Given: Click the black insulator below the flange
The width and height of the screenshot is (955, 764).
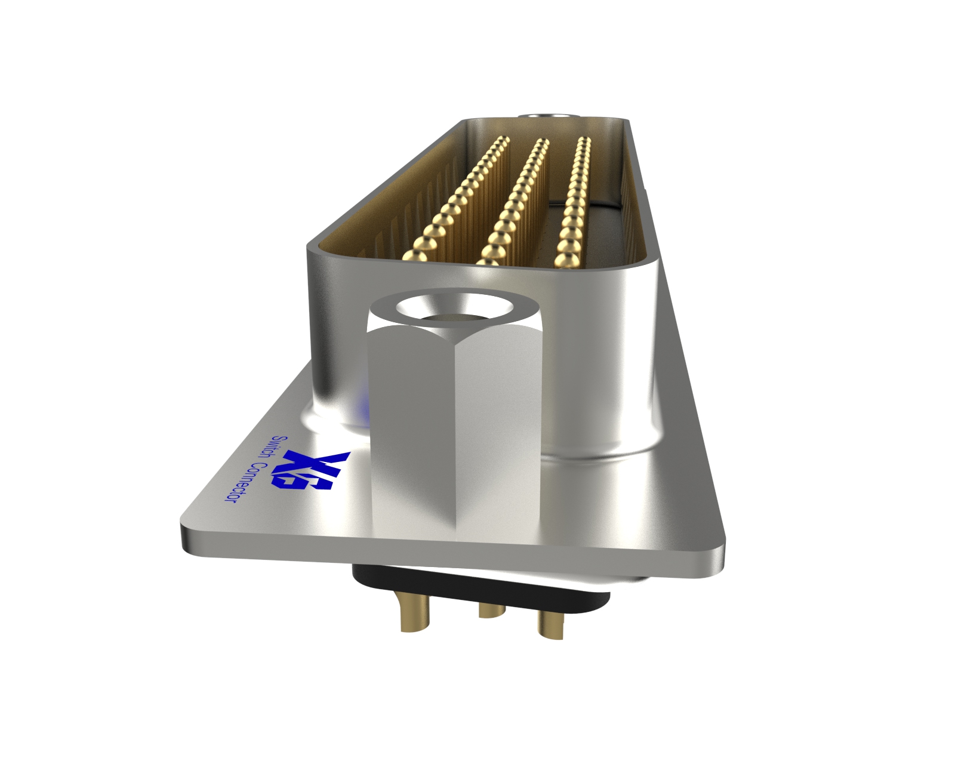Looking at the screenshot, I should pyautogui.click(x=478, y=588).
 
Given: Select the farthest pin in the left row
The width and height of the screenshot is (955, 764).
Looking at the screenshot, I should pyautogui.click(x=503, y=141).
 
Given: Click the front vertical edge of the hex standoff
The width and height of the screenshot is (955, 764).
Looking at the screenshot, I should pyautogui.click(x=455, y=442).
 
